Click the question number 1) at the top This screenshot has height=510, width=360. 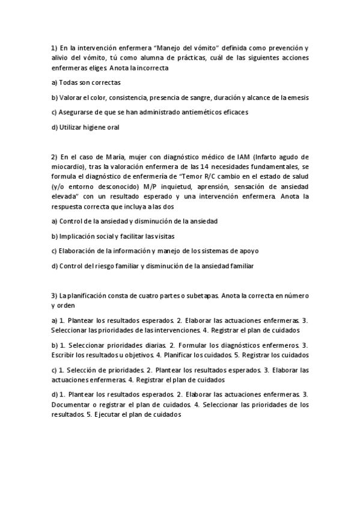[x=54, y=48]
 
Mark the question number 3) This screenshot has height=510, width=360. [x=54, y=296]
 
